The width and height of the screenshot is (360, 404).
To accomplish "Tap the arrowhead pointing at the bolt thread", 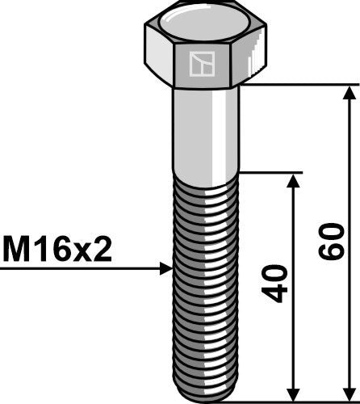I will (x=167, y=267).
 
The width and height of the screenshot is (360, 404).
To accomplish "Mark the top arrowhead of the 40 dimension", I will (x=293, y=179).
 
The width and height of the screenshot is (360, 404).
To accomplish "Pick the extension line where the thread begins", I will (x=270, y=171).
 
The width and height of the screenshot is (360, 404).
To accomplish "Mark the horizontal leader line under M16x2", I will (x=81, y=267).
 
